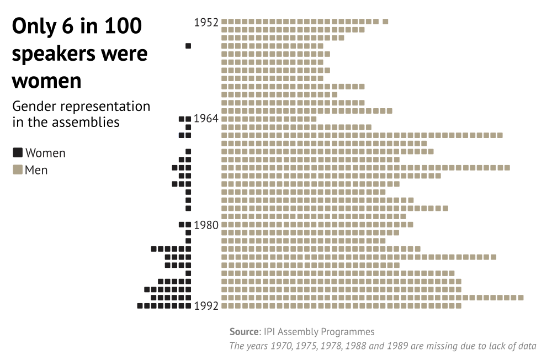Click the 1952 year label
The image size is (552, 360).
[206, 23]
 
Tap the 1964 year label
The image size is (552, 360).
[206, 119]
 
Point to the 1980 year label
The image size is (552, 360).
[206, 225]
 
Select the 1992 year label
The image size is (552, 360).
[206, 306]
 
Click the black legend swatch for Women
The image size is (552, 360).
[18, 152]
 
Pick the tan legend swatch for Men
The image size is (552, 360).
[18, 170]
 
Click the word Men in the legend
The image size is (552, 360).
[36, 170]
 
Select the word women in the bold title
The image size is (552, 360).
[46, 81]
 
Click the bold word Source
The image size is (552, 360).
[243, 332]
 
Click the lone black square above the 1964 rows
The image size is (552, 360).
[188, 46]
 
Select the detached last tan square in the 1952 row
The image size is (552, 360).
[385, 22]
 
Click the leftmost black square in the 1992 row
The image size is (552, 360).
[140, 306]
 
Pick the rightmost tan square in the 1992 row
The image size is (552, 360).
[458, 306]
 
